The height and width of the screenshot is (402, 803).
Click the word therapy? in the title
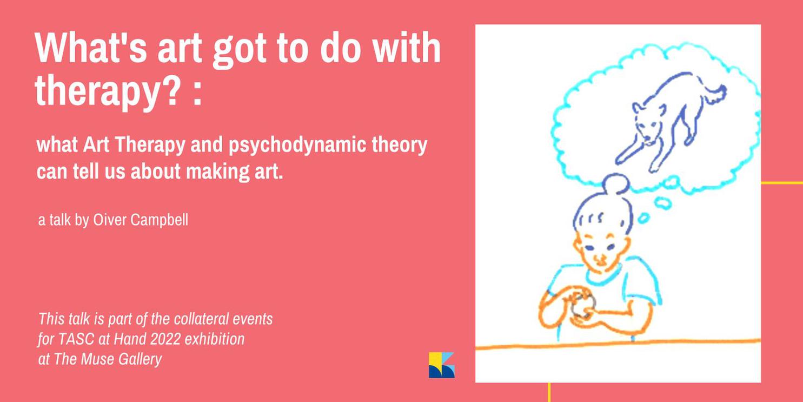(108, 91)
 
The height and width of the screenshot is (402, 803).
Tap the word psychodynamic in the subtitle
(297, 145)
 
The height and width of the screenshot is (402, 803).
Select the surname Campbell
(159, 220)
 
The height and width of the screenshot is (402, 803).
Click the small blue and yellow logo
(442, 365)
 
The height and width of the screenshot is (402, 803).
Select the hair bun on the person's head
(616, 183)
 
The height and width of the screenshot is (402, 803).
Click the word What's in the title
(91, 47)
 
